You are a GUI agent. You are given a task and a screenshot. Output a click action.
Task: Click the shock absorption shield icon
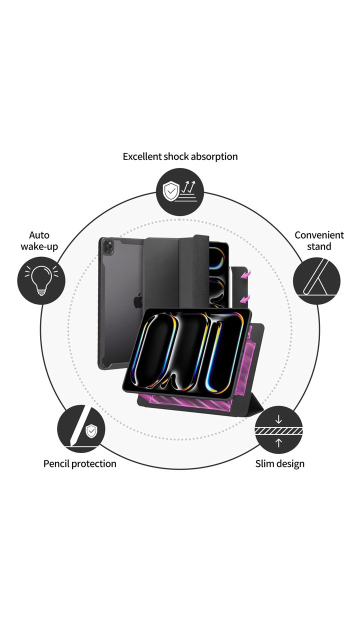(x=171, y=191)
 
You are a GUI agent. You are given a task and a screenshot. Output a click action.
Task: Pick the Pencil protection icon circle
(x=80, y=429)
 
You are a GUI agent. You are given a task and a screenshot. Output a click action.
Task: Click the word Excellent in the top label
(x=142, y=156)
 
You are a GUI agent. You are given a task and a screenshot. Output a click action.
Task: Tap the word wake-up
(x=39, y=246)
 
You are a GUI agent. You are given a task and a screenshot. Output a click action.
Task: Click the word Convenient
(x=319, y=235)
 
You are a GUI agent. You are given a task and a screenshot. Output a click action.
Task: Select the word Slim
(x=265, y=463)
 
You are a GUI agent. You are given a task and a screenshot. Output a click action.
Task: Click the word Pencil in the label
(x=56, y=463)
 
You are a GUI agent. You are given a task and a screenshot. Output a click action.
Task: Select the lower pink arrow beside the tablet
(x=244, y=298)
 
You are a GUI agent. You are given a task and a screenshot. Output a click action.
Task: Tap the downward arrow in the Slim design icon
(x=278, y=419)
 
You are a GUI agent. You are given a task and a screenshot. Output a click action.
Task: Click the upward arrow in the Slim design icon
(x=278, y=442)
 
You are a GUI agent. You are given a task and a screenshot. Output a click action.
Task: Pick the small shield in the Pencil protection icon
(x=91, y=431)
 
